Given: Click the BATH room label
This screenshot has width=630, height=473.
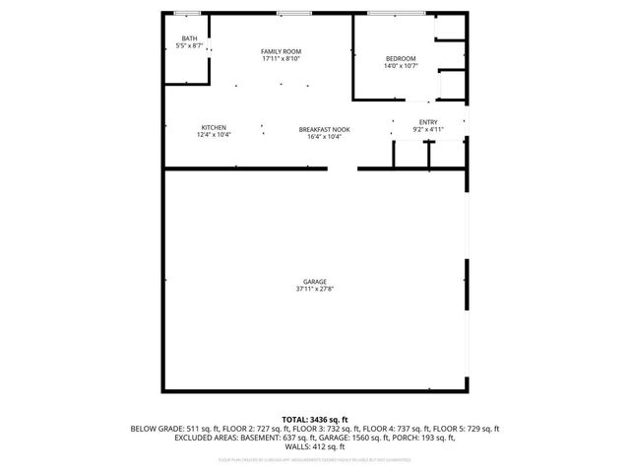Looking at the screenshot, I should [189, 38].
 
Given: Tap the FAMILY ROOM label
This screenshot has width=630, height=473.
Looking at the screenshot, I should [281, 51].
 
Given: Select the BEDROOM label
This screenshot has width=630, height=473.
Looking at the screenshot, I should [401, 58].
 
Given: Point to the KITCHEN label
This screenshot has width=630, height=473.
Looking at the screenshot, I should [215, 127].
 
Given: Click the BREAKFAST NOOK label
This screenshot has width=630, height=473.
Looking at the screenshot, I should [324, 129].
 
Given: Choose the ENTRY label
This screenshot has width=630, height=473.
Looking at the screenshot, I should [428, 122].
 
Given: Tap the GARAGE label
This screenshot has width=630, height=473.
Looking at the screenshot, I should [315, 282].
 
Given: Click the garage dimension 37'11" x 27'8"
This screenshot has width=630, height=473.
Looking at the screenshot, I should [315, 290].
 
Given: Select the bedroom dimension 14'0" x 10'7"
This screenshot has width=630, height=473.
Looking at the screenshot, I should [401, 66].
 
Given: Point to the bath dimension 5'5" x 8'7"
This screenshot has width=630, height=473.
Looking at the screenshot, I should [189, 46].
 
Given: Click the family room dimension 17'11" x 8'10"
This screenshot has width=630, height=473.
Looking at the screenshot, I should [281, 59].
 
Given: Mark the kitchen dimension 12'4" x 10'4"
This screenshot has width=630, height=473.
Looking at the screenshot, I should [215, 135].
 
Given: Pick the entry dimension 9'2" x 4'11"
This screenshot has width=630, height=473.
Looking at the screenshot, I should [428, 130].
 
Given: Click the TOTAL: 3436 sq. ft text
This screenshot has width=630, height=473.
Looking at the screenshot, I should [315, 420].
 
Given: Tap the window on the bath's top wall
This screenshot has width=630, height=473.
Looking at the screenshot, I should [187, 12].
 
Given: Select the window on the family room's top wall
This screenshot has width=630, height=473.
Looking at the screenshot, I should [289, 12].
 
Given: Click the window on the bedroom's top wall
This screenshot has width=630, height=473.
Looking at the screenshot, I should [397, 12].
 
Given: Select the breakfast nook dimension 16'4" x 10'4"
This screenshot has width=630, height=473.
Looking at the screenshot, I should [324, 137].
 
